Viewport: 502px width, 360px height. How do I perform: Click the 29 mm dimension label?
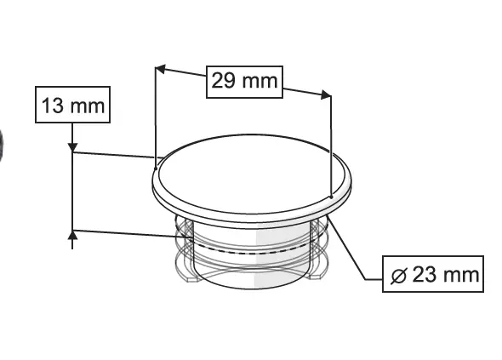tap(243, 82)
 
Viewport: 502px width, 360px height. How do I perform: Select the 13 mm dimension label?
tap(72, 106)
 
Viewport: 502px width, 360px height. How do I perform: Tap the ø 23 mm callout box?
tap(432, 274)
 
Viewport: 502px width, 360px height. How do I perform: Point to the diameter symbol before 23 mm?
tap(398, 275)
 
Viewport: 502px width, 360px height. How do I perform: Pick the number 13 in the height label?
tap(54, 106)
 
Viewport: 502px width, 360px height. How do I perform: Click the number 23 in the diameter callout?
tap(425, 275)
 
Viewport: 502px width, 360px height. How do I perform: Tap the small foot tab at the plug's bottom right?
tap(318, 275)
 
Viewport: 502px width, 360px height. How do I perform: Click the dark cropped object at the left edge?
tap(3, 146)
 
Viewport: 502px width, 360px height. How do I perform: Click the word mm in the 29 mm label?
tap(260, 82)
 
